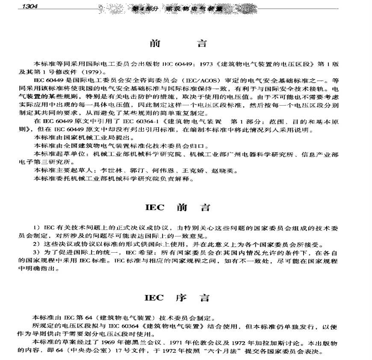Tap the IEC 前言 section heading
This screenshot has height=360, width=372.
tap(177, 209)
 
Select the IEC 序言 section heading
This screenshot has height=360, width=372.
tap(177, 298)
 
